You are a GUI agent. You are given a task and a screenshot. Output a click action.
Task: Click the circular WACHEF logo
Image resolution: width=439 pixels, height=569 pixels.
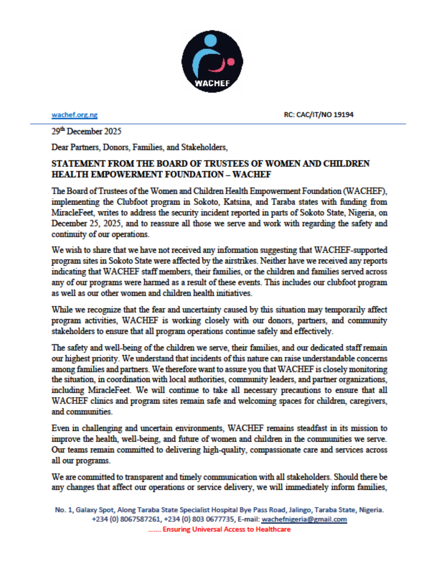point(212,62)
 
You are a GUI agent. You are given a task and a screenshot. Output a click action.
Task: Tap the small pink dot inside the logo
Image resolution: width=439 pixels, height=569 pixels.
point(231,62)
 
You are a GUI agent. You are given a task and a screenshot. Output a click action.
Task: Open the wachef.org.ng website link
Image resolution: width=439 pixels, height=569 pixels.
point(75,115)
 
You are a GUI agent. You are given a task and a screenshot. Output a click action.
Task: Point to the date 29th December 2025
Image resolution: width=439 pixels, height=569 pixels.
point(86,131)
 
